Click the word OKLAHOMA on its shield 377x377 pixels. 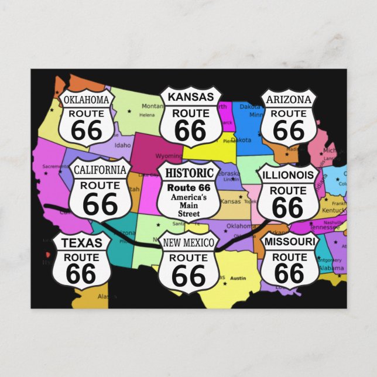[86, 99]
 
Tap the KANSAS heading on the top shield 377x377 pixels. [190, 97]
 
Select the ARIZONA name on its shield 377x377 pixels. [289, 99]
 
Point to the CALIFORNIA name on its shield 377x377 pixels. [100, 170]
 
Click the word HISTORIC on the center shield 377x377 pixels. [188, 173]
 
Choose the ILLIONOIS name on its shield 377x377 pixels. [289, 175]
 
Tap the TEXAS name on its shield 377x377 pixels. [81, 243]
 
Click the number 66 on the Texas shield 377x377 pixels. [81, 273]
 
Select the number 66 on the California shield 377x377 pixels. [100, 204]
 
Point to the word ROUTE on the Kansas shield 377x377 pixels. [190, 113]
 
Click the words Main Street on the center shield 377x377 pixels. [188, 210]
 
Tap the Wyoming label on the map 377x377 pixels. [168, 156]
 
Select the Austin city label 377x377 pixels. [237, 279]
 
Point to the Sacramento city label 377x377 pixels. [56, 167]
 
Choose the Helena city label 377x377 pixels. [146, 115]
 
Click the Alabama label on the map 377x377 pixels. [331, 268]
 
